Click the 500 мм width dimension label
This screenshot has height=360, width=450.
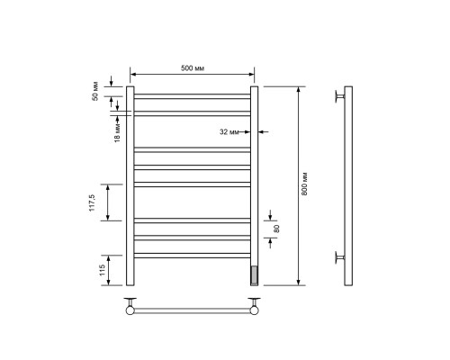tap(193, 68)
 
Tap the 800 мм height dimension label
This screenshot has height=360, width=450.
tap(304, 184)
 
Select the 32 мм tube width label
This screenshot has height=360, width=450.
tap(229, 132)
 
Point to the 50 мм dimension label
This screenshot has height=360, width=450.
tap(95, 91)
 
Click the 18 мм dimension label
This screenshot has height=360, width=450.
tap(117, 132)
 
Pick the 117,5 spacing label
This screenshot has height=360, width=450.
tap(92, 202)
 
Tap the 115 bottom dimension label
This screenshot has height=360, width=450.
tap(102, 270)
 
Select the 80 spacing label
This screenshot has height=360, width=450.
tap(276, 229)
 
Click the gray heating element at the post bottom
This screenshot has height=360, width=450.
tap(254, 274)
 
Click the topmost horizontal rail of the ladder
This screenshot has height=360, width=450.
tap(193, 96)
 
